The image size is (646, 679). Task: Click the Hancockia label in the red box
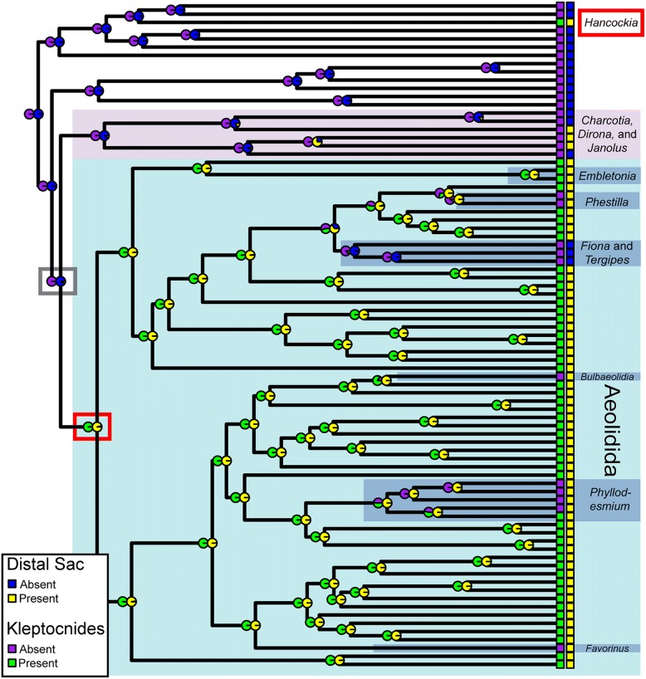click(x=610, y=24)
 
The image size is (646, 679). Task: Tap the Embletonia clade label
click(x=608, y=175)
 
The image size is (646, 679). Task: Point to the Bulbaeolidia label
click(x=609, y=377)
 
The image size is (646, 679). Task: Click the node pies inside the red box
click(x=92, y=427)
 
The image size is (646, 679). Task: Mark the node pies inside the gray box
click(x=56, y=281)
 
